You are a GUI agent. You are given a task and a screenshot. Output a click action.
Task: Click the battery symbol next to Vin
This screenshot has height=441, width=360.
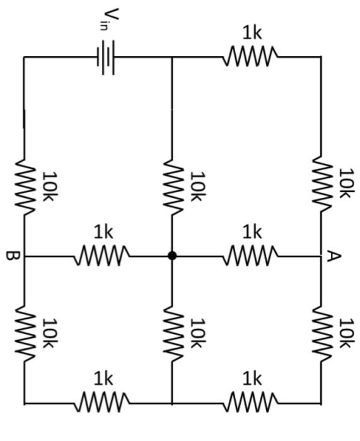pos(105,57)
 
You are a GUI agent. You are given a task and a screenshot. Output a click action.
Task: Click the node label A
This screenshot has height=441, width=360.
pos(334,256)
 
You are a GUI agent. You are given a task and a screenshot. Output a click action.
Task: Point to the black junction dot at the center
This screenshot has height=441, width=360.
pos(171,256)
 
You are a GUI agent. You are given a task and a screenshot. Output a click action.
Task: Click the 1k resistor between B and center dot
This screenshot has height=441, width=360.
pos(102,256)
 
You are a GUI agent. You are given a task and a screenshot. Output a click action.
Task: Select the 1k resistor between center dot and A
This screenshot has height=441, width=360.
pos(250,256)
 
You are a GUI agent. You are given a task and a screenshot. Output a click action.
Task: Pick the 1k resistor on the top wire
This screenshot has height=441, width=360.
pos(250,57)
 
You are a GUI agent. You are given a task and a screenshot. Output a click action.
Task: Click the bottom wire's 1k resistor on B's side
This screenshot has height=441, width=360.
pos(102,401)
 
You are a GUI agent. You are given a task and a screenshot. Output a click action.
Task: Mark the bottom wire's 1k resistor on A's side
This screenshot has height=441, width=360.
pos(250,401)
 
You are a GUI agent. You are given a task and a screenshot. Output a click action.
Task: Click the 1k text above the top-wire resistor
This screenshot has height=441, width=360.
pos(252,33)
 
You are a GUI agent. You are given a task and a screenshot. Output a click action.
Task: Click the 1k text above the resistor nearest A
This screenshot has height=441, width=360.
pos(252,232)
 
